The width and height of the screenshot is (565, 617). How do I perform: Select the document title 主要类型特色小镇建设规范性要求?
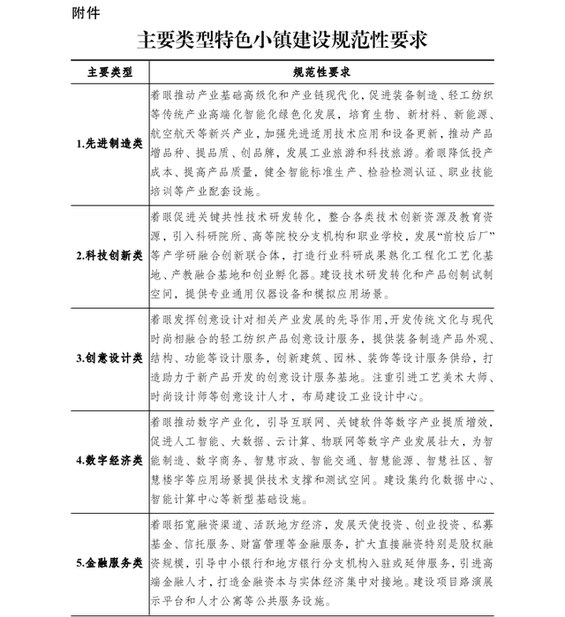pyautogui.click(x=282, y=40)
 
